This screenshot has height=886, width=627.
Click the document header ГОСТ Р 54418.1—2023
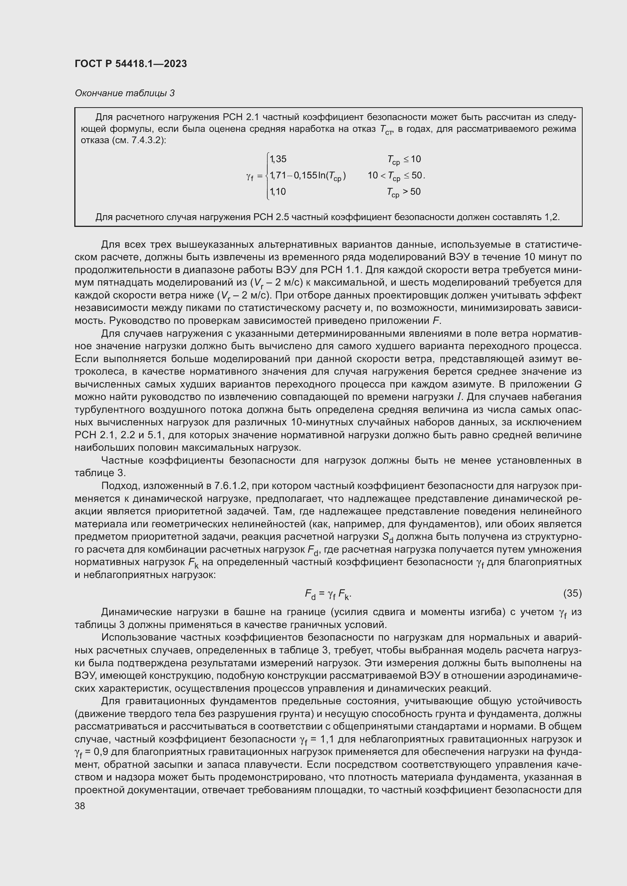(131, 64)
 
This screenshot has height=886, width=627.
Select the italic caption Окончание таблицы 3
(125, 93)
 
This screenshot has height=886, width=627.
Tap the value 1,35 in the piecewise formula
(278, 159)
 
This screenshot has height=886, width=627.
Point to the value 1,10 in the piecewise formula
(278, 191)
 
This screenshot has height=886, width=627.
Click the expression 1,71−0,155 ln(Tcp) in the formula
(308, 176)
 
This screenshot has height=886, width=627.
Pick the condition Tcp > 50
(403, 192)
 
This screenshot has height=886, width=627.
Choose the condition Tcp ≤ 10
(404, 159)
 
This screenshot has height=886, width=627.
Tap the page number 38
(80, 806)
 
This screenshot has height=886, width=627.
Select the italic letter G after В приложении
(578, 384)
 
